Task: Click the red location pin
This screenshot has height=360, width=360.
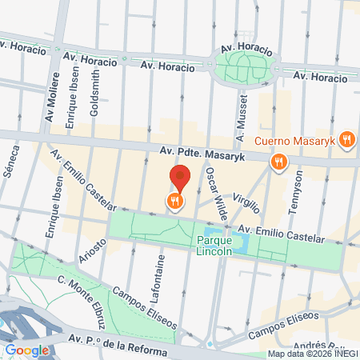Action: tap(181, 176)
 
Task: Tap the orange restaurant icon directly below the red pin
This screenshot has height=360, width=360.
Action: tap(174, 202)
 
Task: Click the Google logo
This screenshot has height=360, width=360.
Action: tap(26, 350)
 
